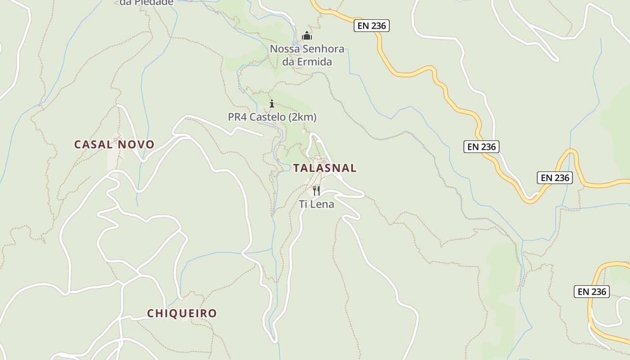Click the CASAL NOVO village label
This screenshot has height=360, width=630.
tap(114, 144)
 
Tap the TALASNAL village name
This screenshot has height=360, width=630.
tap(324, 168)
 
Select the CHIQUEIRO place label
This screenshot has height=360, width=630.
tap(182, 313)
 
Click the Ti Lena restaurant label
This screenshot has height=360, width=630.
tap(317, 204)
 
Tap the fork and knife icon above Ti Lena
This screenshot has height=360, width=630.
tap(316, 191)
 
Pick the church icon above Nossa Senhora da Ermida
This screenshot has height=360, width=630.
tap(307, 36)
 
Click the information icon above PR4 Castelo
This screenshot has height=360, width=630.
tap(271, 104)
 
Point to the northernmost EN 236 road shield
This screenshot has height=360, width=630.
tap(371, 26)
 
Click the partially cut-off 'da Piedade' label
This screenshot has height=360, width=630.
tap(146, 3)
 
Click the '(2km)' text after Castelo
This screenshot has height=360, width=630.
tap(302, 117)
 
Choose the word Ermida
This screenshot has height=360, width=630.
tap(315, 62)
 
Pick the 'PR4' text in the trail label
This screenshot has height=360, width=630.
tap(237, 117)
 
